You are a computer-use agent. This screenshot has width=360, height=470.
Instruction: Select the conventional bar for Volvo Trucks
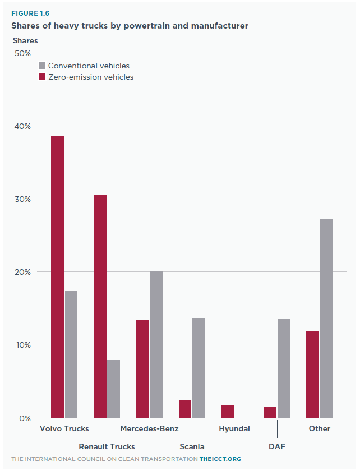71,354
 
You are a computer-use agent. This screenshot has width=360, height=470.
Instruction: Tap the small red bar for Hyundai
228,411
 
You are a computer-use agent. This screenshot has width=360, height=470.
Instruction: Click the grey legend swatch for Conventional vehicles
41,66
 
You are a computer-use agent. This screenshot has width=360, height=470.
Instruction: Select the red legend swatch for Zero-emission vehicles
41,77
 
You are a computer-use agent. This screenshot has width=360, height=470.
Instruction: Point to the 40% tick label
22,126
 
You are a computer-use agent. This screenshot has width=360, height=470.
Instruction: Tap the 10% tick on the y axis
22,345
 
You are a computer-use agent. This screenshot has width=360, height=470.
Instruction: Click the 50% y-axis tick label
22,53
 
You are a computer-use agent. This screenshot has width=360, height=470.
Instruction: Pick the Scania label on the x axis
192,446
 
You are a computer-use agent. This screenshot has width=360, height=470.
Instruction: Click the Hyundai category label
234,429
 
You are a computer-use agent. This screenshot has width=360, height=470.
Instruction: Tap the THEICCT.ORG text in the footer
220,459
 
